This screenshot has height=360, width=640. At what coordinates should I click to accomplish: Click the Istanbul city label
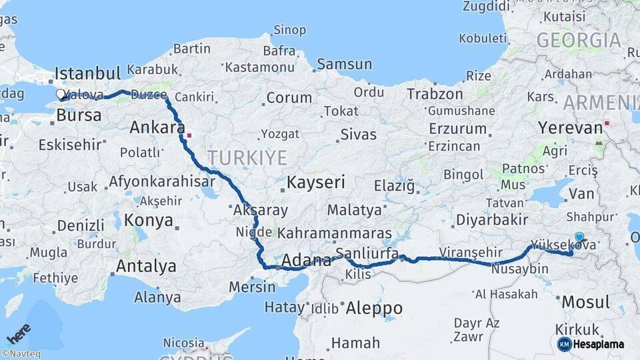(87, 73)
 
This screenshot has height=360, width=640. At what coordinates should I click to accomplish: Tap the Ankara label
(157, 127)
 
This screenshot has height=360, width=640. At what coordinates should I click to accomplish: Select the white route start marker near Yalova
(61, 95)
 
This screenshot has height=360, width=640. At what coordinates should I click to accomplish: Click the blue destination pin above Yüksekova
(579, 237)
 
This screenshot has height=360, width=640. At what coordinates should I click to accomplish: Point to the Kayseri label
(315, 182)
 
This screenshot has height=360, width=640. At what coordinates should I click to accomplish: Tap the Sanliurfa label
(367, 253)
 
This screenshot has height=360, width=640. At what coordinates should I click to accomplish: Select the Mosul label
(585, 302)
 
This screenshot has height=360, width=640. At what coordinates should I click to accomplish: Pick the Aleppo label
(374, 308)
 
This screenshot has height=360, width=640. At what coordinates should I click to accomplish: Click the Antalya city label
(146, 267)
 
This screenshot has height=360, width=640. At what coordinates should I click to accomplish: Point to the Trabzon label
(435, 94)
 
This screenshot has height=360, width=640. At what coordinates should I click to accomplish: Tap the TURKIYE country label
(247, 158)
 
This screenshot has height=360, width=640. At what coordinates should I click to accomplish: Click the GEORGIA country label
(579, 41)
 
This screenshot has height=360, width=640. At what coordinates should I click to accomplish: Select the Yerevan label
(570, 127)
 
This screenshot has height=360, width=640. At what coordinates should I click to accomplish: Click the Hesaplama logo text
(598, 344)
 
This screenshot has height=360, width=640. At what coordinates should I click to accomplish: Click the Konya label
(149, 221)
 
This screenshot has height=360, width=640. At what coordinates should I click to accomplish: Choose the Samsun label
(344, 65)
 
